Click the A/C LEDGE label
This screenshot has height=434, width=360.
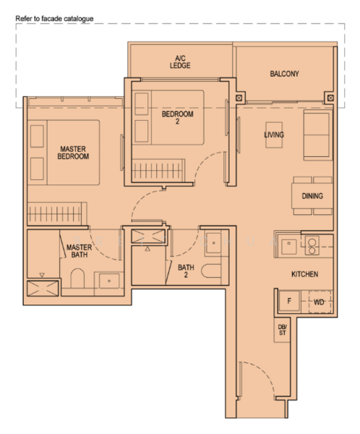coord(180,62)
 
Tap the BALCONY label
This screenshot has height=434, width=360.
coord(285,74)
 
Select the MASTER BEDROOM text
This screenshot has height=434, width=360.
coord(73,153)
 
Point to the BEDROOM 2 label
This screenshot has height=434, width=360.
coord(177,117)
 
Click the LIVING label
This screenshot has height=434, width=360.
coord(274,135)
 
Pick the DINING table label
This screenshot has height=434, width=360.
coord(312,196)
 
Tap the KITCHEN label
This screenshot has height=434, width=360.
coord(304,274)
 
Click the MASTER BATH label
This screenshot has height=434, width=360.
coord(79,251)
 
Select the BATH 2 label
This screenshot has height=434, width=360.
coord(186,271)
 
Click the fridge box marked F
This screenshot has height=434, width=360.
coord(289,301)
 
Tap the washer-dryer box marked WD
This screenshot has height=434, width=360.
coord(320,302)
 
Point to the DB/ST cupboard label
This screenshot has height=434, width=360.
coord(282,330)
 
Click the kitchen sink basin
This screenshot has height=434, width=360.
coord(289,246)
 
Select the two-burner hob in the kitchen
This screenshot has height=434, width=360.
coord(312,245)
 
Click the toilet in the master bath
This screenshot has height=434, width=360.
coord(77,278)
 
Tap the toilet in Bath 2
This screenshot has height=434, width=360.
coord(211,271)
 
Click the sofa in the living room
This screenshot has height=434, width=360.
coord(317,135)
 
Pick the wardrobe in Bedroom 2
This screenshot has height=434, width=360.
coord(158,170)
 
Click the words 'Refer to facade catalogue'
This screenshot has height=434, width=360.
coord(54,19)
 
